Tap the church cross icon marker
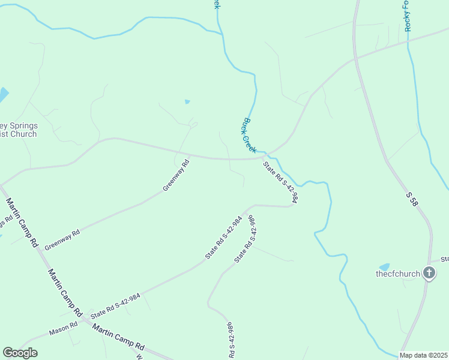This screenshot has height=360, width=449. point(429,274)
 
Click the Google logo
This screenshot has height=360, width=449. point(20,353)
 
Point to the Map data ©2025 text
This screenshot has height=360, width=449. point(423,355)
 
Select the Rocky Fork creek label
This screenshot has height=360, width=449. point(408,16)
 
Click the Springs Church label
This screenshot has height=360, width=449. point(18,130)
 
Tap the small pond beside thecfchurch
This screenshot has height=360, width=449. point(384,266)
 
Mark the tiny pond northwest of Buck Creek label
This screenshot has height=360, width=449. point(187,102)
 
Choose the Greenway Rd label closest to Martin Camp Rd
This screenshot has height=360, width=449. point(62,239)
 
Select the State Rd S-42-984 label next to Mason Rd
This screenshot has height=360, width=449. point(115,305)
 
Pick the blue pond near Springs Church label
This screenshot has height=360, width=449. point(3,95)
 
